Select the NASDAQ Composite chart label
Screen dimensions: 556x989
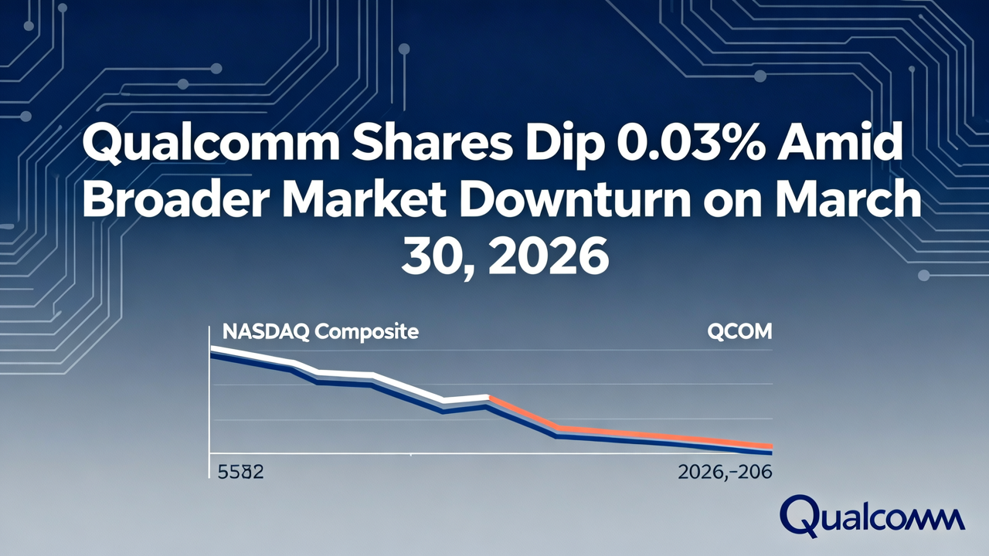320,332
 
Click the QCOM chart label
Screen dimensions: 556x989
739,332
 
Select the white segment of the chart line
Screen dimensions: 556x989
348,375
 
